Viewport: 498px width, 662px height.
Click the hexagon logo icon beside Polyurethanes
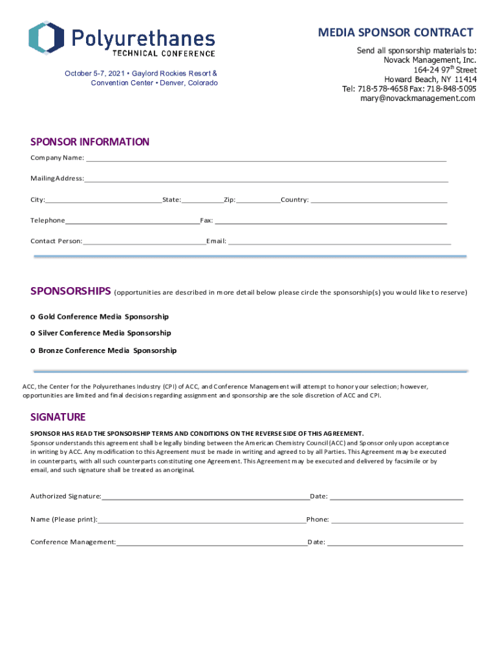[46, 38]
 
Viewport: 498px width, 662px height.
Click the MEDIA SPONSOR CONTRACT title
[395, 33]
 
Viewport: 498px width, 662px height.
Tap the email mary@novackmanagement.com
[418, 98]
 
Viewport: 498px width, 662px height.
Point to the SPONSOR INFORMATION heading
[90, 142]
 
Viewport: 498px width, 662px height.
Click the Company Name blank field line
[266, 159]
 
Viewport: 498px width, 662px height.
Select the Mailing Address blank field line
[266, 180]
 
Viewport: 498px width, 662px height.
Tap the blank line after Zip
[258, 201]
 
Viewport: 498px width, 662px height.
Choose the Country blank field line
[379, 201]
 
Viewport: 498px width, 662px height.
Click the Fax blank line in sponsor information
[330, 222]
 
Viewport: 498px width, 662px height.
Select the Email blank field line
[339, 242]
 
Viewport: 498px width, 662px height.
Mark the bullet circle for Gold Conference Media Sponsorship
[33, 317]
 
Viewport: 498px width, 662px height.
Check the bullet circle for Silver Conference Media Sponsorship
[33, 334]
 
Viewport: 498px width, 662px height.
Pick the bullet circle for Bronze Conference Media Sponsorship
[33, 351]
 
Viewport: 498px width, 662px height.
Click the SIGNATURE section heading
[58, 417]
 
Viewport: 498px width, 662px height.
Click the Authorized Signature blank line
[205, 498]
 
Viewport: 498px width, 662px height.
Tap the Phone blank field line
[397, 520]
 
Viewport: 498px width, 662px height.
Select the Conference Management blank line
[211, 544]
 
